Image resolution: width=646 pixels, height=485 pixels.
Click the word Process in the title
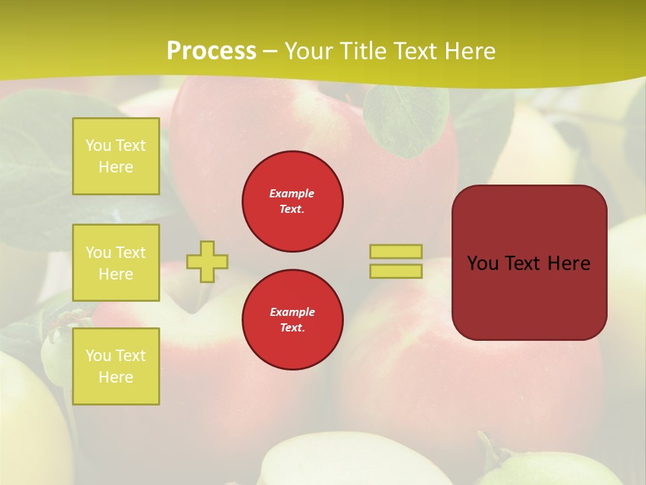tap(211, 51)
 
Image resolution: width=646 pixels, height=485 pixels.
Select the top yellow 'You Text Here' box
tap(116, 156)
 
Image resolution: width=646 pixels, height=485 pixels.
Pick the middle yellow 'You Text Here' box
tap(116, 263)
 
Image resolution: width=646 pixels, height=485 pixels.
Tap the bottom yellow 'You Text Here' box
tap(116, 366)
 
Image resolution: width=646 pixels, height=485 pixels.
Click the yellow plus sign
tap(207, 261)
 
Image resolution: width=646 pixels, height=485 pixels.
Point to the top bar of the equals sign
tap(396, 251)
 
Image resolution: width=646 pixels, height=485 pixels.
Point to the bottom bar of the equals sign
tap(396, 271)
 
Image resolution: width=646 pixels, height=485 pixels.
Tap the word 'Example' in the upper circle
tap(292, 193)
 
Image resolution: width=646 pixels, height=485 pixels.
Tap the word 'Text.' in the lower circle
tap(292, 327)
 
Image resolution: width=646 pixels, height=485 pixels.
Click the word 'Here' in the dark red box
tap(569, 263)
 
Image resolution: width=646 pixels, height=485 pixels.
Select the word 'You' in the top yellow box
tap(98, 145)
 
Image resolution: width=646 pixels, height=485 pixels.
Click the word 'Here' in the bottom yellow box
tap(116, 377)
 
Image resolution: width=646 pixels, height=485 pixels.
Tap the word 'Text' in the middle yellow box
tap(131, 253)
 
